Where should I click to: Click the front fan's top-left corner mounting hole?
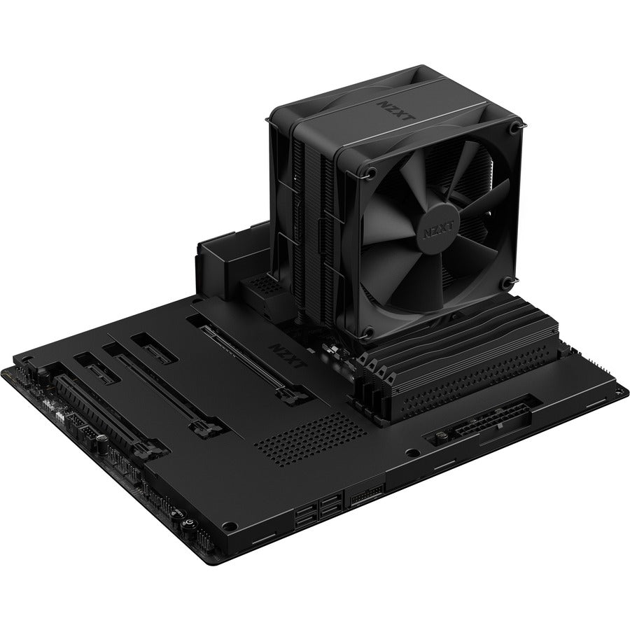click(372, 171)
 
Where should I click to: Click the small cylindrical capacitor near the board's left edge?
click(102, 445)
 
